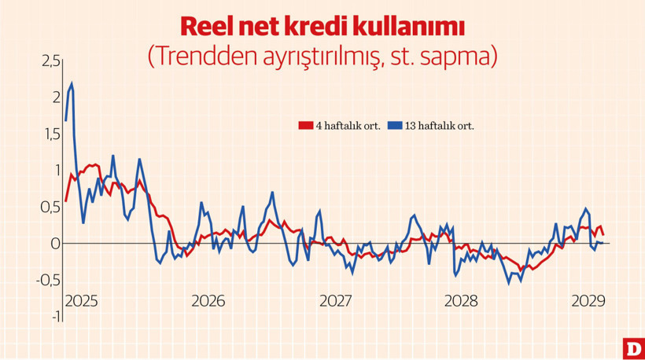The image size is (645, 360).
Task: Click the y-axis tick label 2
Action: [55, 97]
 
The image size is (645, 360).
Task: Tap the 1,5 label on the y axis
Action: [50, 134]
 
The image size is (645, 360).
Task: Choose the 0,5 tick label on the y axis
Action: [49, 208]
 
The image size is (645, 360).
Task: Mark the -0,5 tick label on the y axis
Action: [46, 281]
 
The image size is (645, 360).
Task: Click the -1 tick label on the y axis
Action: [53, 316]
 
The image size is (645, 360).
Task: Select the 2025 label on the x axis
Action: [81, 301]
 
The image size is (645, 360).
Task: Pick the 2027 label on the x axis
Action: [335, 301]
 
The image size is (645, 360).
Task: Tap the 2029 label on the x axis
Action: [587, 301]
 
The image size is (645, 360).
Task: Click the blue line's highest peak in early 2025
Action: [72, 83]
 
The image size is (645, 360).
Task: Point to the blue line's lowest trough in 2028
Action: [509, 282]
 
